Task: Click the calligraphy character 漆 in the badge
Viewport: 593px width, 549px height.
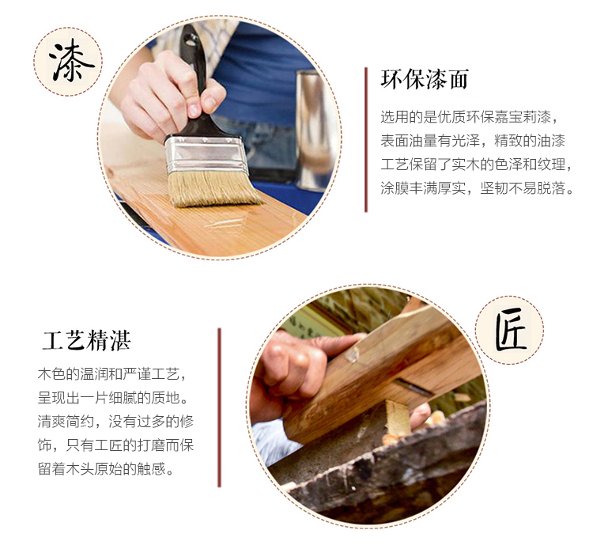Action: (70, 61)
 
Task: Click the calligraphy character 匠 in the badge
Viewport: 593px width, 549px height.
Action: (510, 330)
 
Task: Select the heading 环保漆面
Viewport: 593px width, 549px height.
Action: (425, 79)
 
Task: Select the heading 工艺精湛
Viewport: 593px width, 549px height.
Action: (87, 340)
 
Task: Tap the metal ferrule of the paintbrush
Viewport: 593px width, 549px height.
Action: (206, 154)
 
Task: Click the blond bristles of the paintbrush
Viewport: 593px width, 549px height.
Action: (213, 188)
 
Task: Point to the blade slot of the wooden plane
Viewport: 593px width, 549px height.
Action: (414, 387)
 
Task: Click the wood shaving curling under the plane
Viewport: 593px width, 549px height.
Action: (397, 418)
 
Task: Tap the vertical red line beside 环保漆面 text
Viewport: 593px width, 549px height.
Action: (366, 139)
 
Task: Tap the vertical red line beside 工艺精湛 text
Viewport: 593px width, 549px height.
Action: (219, 407)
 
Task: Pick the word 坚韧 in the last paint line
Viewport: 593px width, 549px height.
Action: (494, 188)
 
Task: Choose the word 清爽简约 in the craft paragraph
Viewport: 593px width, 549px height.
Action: (66, 421)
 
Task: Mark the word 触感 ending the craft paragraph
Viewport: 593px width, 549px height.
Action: (151, 469)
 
